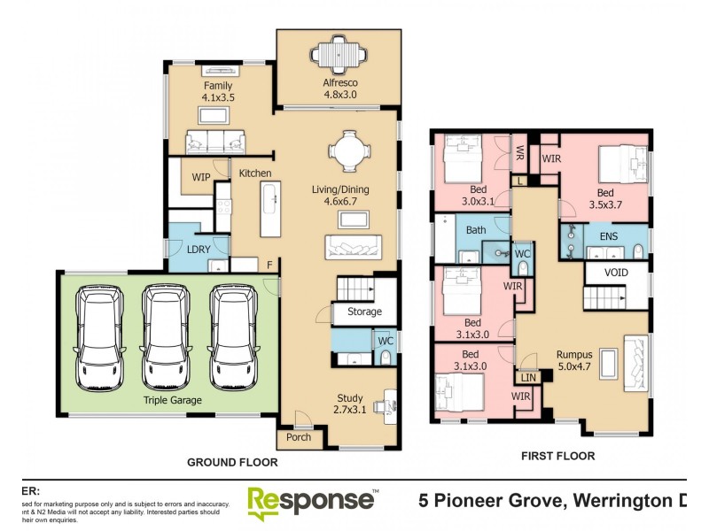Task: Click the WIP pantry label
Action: [x=201, y=177]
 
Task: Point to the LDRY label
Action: [x=198, y=250]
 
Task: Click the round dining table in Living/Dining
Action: [x=347, y=151]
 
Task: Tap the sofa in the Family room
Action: [x=214, y=142]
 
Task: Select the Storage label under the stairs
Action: [x=364, y=312]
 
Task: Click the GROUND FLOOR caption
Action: [x=232, y=462]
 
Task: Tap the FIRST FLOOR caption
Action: [x=557, y=456]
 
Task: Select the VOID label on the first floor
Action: [x=615, y=273]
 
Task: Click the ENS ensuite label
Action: [x=608, y=236]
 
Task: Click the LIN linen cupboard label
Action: [x=529, y=378]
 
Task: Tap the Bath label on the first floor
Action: [x=477, y=230]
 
